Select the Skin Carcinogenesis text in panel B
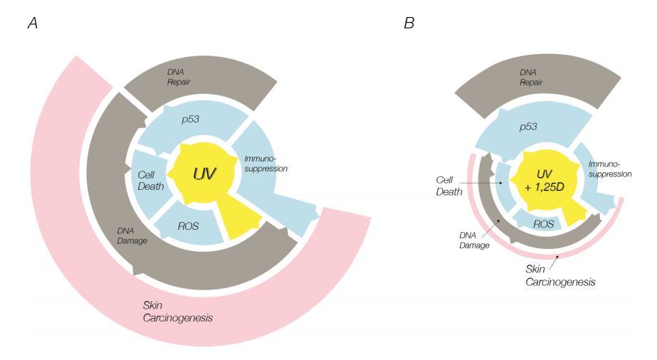(570, 277)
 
